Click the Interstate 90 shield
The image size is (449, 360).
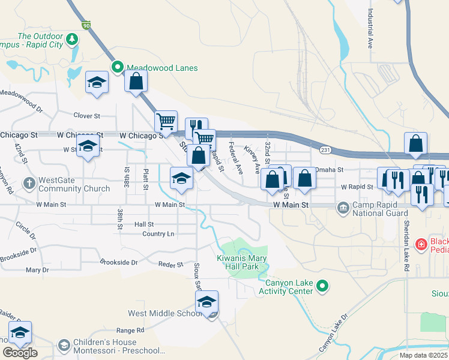(x=87, y=25)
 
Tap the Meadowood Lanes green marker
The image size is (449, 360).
(x=117, y=68)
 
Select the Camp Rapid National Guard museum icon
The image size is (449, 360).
(x=343, y=209)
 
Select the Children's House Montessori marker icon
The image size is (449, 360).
(x=64, y=346)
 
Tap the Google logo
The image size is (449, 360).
(x=20, y=352)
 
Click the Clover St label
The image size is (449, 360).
(x=86, y=115)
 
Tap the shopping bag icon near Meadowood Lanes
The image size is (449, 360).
(x=136, y=81)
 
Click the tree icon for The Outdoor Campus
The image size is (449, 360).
(x=73, y=40)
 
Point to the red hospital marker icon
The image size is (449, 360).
(x=421, y=245)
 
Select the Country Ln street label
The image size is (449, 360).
(x=158, y=234)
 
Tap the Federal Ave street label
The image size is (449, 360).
(x=236, y=157)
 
